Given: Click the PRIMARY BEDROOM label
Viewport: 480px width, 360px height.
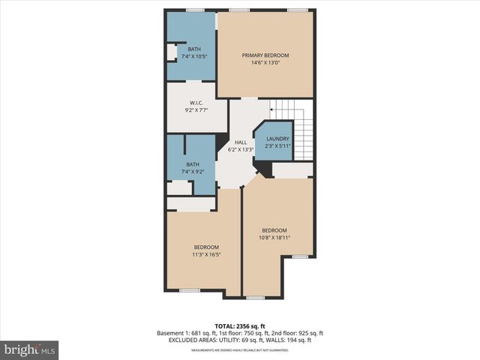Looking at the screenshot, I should (x=265, y=55).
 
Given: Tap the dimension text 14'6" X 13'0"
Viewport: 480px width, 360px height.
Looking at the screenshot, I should (x=265, y=63).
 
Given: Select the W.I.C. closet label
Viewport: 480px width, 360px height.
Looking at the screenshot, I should (x=196, y=103).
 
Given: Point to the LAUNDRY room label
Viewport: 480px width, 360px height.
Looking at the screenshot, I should (x=277, y=139).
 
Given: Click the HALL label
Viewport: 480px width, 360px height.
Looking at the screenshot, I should (x=240, y=142).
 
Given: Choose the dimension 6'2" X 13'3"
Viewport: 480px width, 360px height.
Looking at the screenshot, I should (x=240, y=149).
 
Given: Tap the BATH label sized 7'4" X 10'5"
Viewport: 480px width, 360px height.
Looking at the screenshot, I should (x=194, y=49).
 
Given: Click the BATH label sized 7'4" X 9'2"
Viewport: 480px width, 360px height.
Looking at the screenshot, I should (x=193, y=164).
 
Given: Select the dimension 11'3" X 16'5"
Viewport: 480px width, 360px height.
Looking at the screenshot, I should (x=205, y=255).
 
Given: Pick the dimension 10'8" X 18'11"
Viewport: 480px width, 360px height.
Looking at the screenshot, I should (x=274, y=238).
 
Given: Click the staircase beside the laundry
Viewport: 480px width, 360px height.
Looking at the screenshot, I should (x=301, y=131).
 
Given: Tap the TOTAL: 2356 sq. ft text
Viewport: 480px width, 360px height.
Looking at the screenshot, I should (x=240, y=326).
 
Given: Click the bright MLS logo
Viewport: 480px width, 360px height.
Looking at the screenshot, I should (x=29, y=350).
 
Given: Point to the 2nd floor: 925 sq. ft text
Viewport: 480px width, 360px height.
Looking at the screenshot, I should (x=298, y=333).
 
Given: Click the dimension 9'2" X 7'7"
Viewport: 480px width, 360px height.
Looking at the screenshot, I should (x=196, y=110).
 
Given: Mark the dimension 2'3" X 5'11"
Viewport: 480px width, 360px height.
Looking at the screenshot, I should (x=277, y=145).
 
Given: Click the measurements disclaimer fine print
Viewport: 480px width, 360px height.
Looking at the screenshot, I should (x=240, y=349).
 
